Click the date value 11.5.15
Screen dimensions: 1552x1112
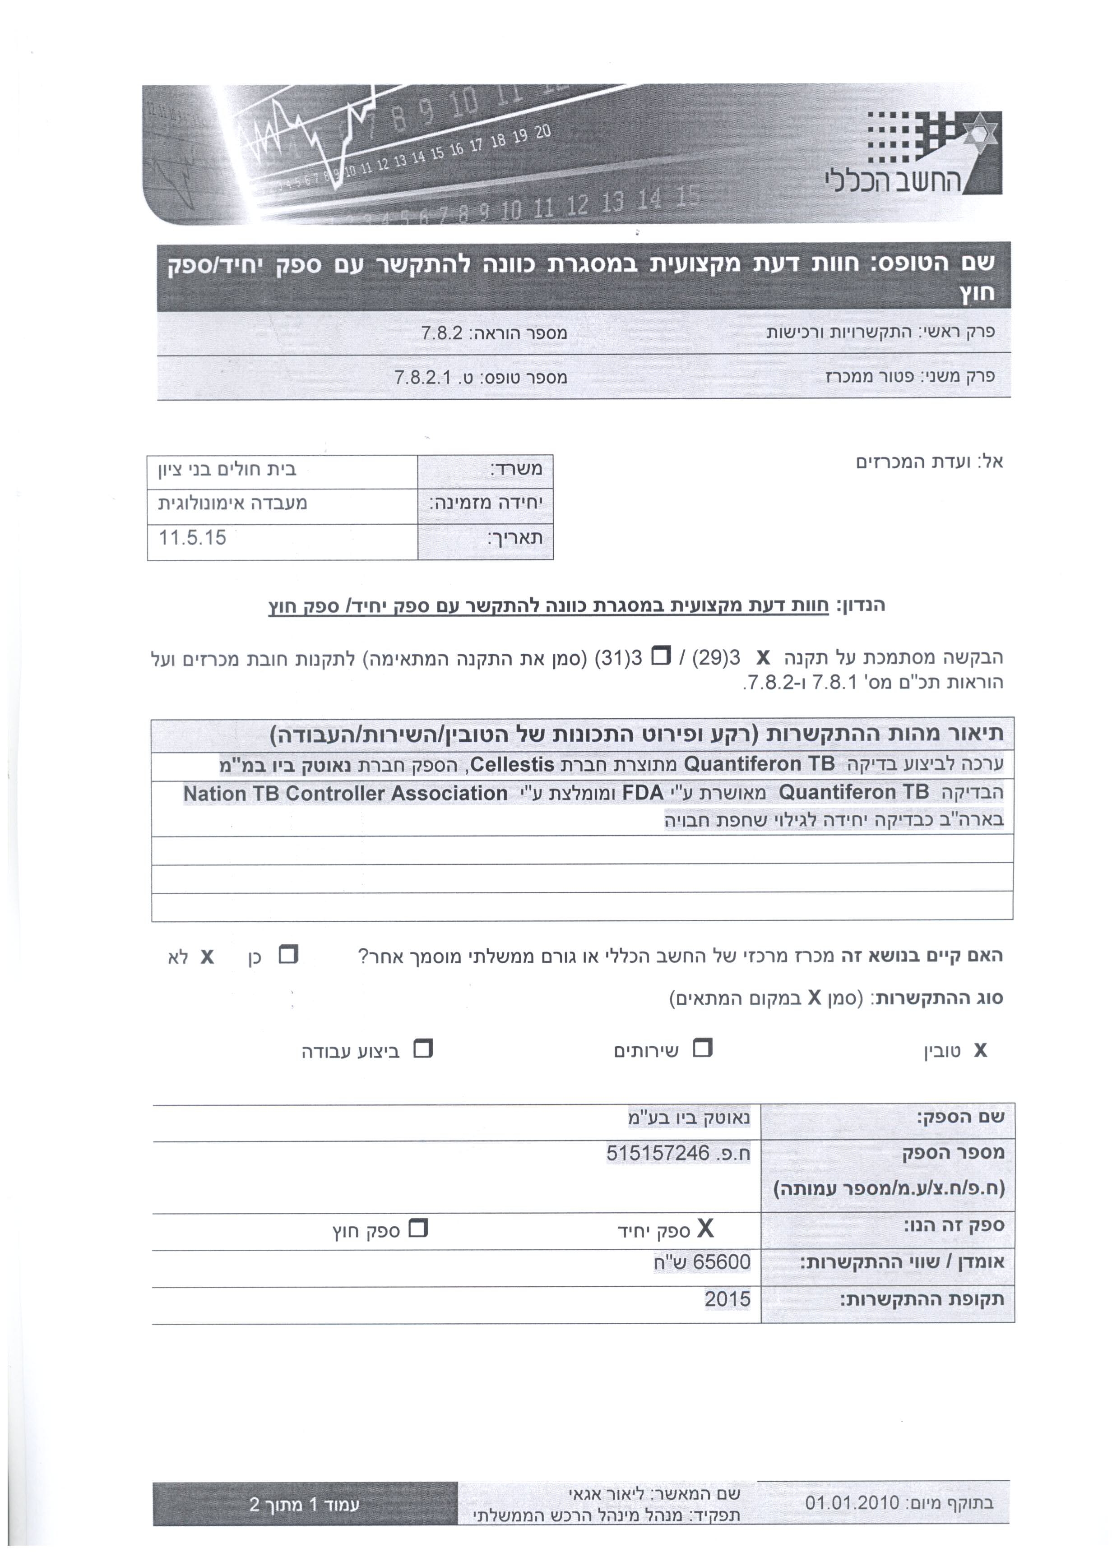tap(192, 537)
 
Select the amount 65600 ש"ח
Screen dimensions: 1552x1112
tap(701, 1261)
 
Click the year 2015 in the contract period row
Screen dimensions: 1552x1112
tap(727, 1298)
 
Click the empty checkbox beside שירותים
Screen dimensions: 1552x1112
tap(702, 1049)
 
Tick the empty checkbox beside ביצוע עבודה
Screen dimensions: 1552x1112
tap(424, 1049)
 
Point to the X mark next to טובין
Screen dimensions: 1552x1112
tap(980, 1050)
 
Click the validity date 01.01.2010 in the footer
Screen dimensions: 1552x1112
tap(852, 1503)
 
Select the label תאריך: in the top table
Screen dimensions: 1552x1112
tap(514, 538)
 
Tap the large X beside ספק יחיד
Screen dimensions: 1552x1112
tap(705, 1229)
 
